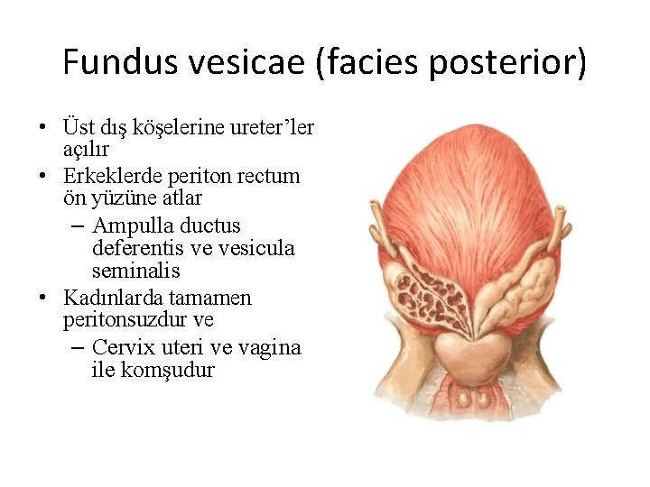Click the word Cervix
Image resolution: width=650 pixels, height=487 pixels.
(x=125, y=347)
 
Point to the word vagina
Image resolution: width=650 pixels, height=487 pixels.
(x=273, y=347)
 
